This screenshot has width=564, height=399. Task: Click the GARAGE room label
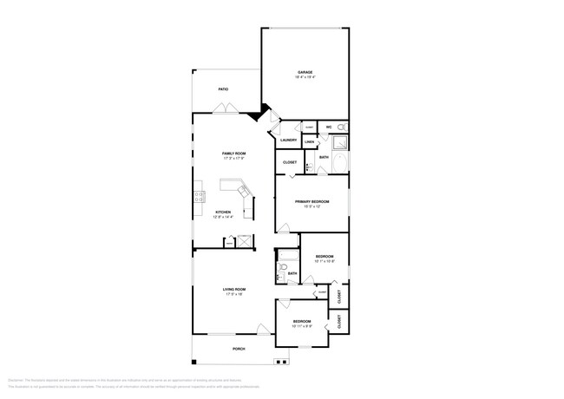[x=305, y=72]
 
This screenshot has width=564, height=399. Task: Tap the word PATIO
[x=223, y=88]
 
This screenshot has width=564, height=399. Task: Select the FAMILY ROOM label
[x=234, y=154]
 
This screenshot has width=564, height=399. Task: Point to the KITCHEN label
[x=223, y=212]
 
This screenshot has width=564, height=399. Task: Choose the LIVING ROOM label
[x=234, y=289]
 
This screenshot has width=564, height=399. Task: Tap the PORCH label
[x=239, y=349]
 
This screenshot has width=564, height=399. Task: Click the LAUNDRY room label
[x=288, y=140]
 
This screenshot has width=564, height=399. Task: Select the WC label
[x=329, y=128]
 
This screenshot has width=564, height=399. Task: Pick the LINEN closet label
[x=309, y=141]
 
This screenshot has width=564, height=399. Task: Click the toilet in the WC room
[x=340, y=127]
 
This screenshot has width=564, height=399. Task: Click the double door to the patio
[x=223, y=109]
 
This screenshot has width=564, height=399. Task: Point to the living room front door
[x=263, y=330]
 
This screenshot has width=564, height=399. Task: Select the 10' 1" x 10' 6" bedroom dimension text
[x=325, y=261]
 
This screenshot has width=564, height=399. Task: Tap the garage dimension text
[x=305, y=77]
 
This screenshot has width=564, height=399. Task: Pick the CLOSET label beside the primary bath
[x=290, y=162]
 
